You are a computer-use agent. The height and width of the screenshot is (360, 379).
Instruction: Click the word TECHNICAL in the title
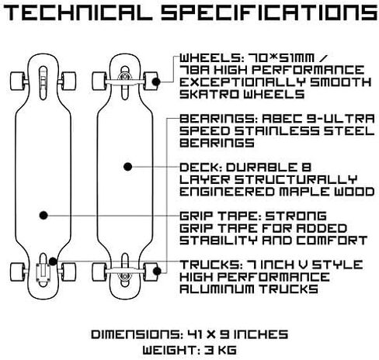(78, 13)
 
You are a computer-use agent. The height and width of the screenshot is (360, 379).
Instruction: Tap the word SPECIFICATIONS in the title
(269, 13)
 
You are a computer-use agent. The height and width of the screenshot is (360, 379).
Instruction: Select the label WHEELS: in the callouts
(210, 58)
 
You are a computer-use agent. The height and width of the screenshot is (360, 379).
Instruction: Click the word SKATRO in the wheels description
(209, 94)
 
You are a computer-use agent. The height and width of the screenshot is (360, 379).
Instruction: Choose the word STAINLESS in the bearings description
(276, 131)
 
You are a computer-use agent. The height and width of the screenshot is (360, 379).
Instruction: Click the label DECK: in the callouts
(200, 168)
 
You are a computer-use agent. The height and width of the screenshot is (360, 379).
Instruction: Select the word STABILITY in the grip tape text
(218, 241)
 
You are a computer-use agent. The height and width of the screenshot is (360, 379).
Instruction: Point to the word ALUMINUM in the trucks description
(217, 289)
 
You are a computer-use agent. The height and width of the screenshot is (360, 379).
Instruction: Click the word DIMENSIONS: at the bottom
(137, 334)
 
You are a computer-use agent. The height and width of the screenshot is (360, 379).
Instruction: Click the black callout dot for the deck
(128, 167)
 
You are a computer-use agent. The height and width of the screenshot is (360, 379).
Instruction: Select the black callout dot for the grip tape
(43, 215)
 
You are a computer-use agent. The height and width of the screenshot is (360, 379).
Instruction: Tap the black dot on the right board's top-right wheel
(156, 81)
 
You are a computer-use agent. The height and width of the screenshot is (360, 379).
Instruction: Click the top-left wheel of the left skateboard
(18, 81)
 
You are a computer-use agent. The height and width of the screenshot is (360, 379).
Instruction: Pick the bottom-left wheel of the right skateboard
(99, 272)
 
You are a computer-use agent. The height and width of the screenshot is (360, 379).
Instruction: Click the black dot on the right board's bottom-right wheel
(157, 271)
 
